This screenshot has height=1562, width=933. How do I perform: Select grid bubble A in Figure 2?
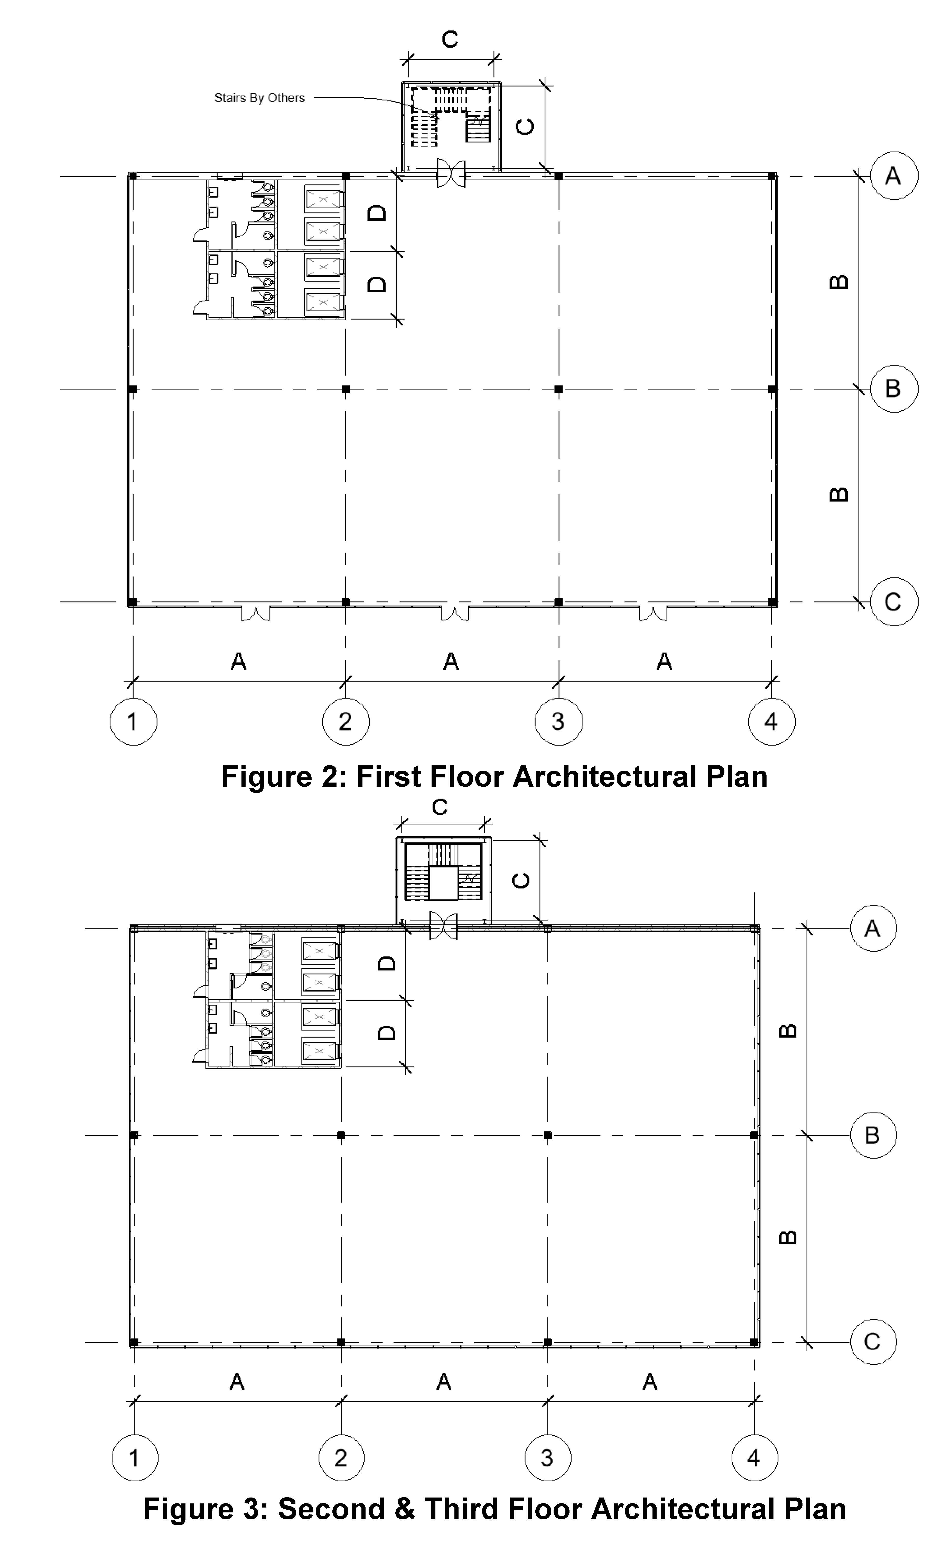pos(893,176)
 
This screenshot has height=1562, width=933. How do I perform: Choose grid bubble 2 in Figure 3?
pos(341,1458)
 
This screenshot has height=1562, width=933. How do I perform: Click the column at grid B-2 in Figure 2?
pos(346,389)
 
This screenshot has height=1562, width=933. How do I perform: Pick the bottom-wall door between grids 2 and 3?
pos(454,613)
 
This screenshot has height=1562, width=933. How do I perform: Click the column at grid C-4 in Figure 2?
pos(772,602)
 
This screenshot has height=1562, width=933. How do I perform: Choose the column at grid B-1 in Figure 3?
pos(134,1135)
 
